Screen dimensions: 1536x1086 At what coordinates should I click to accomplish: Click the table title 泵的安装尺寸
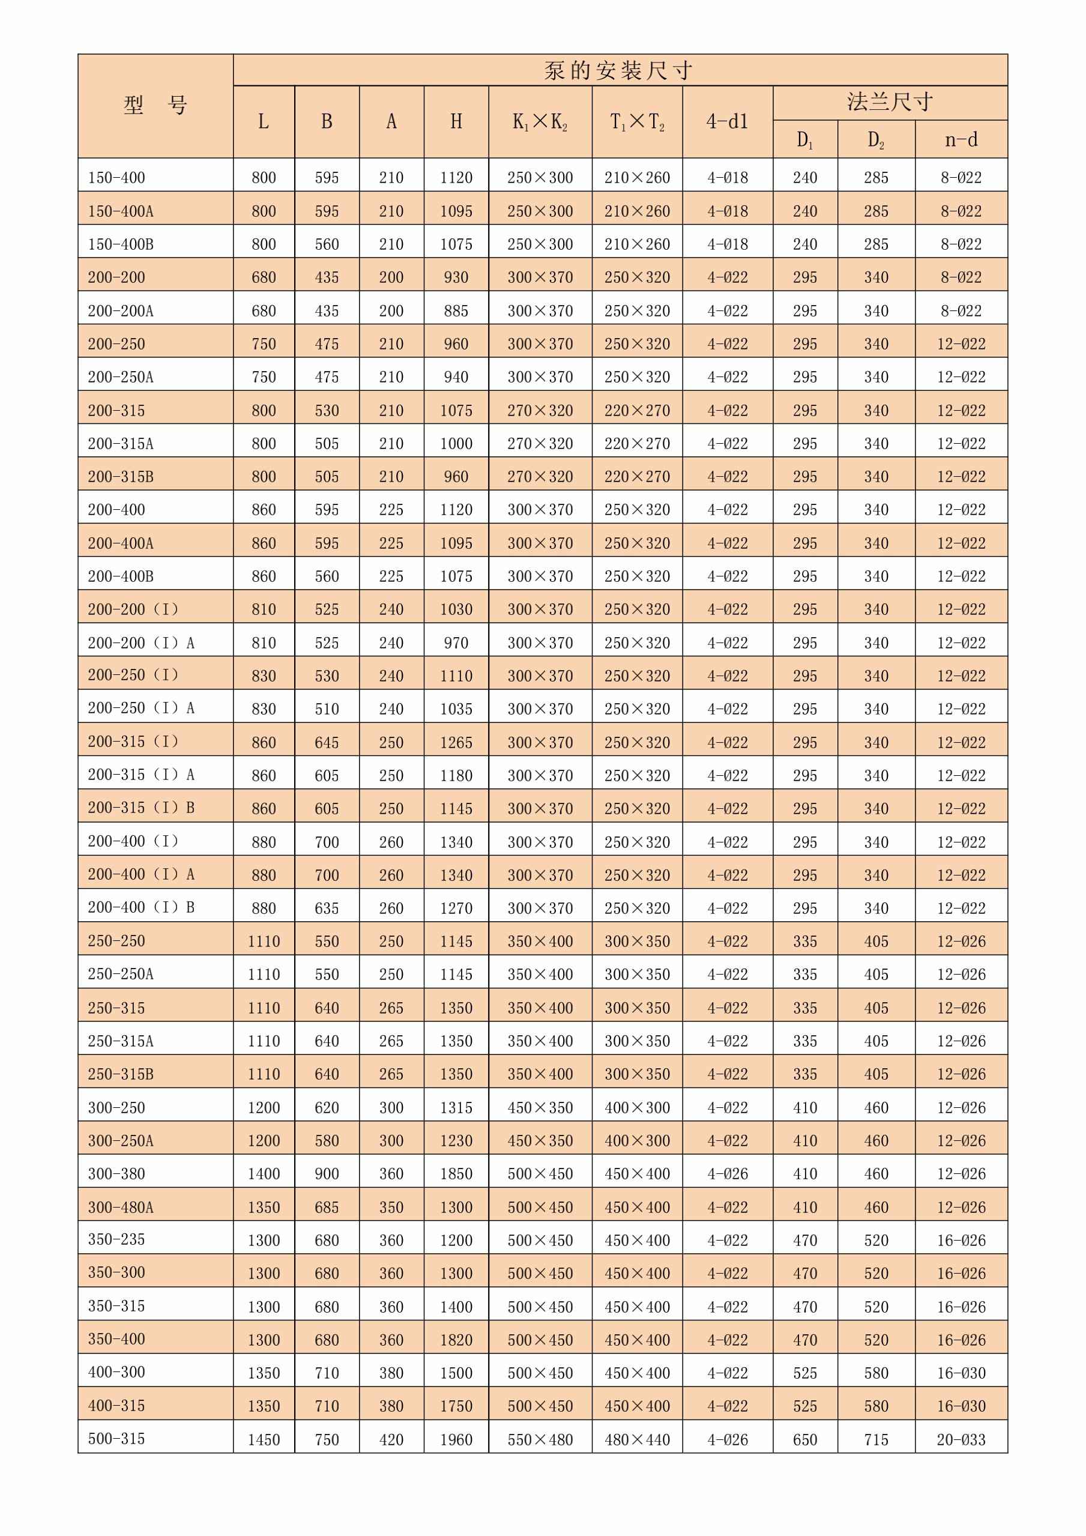(x=618, y=70)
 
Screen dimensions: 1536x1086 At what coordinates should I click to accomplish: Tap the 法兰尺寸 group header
(x=890, y=102)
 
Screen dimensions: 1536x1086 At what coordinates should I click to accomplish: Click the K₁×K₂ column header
(x=540, y=122)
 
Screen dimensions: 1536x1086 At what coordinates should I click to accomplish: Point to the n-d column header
(x=961, y=139)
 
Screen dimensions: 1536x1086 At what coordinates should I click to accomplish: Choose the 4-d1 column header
(x=727, y=122)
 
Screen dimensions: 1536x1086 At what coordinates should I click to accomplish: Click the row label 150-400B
(x=121, y=244)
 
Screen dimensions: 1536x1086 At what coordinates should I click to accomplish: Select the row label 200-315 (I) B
(x=141, y=808)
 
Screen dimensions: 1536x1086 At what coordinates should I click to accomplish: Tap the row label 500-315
(x=116, y=1438)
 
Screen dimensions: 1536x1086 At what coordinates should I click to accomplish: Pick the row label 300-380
(x=116, y=1173)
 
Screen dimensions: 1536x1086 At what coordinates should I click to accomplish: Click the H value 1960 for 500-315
(x=456, y=1440)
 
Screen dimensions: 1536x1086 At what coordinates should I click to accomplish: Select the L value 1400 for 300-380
(x=264, y=1174)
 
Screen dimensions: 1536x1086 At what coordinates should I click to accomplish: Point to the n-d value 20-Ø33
(x=961, y=1440)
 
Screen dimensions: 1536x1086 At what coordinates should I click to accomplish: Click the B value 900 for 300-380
(x=327, y=1174)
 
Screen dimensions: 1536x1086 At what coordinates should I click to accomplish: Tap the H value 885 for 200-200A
(x=456, y=311)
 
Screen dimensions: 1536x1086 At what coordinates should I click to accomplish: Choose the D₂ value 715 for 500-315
(x=876, y=1440)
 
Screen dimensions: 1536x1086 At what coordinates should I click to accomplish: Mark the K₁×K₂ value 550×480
(x=540, y=1440)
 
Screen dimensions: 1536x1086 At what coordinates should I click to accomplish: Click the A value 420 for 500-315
(x=391, y=1440)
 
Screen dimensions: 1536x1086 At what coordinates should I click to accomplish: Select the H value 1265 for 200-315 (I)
(x=456, y=743)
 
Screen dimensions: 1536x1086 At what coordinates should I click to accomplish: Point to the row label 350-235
(x=116, y=1239)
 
